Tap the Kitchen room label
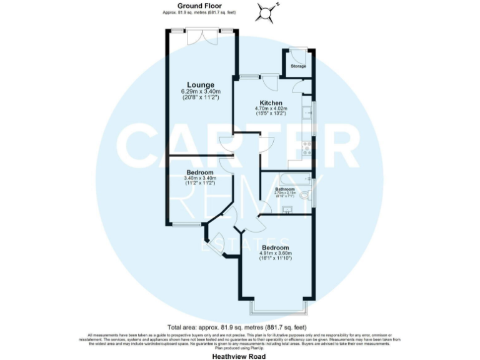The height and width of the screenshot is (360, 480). point(271,102)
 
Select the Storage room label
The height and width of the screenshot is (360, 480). point(298,66)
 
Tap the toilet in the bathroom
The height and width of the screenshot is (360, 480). point(304,196)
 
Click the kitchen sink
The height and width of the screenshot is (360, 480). point(306,113)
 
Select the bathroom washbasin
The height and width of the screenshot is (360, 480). point(287,209)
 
